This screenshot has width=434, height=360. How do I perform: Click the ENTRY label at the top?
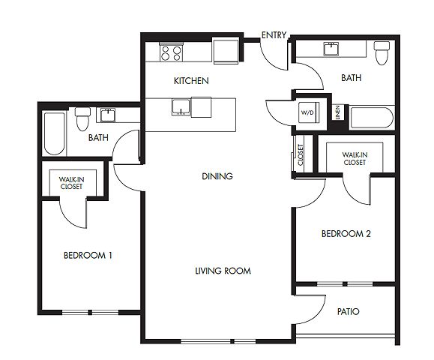click(274, 35)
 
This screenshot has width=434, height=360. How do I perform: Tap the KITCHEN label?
click(191, 81)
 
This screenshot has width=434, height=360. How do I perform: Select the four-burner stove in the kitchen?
click(172, 52)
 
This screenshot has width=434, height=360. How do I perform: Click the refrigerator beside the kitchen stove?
click(226, 51)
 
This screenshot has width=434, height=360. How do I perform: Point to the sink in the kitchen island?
click(181, 107)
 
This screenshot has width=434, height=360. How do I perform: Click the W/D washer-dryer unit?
click(309, 112)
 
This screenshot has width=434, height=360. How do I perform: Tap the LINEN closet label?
click(337, 112)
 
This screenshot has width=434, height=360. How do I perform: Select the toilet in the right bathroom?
click(382, 53)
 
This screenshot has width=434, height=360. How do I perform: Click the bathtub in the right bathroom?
click(372, 118)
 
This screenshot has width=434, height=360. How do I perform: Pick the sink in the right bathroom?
click(332, 49)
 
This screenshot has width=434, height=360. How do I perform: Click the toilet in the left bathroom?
click(82, 119)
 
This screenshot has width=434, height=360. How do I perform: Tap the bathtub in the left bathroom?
click(55, 133)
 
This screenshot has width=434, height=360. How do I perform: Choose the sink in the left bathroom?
click(108, 115)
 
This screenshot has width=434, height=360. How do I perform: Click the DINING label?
click(217, 176)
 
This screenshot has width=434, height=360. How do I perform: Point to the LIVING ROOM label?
click(223, 271)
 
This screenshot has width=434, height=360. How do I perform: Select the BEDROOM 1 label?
click(88, 255)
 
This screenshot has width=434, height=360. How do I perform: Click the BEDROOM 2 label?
click(346, 234)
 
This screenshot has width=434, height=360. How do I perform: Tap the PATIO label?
click(349, 312)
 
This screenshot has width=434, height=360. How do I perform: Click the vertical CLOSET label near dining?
click(301, 154)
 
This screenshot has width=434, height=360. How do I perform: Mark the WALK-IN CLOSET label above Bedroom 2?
click(355, 158)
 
